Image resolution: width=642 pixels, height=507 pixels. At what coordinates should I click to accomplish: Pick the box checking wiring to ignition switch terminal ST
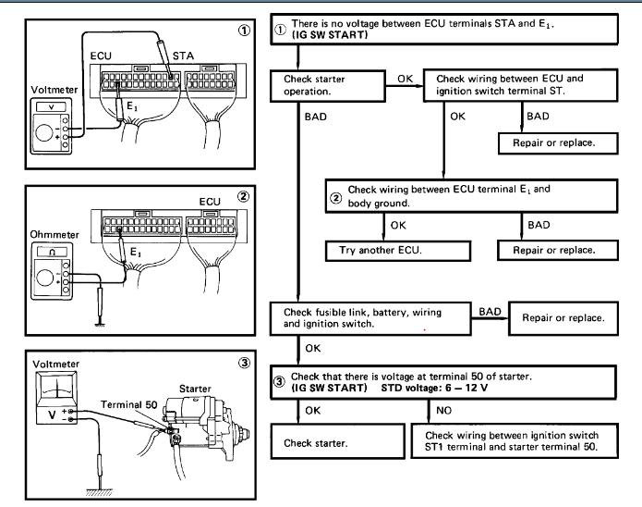(520, 86)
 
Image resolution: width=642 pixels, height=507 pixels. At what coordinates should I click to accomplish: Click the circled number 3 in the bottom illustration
(244, 363)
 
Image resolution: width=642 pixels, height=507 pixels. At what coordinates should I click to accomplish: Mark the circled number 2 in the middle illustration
(244, 195)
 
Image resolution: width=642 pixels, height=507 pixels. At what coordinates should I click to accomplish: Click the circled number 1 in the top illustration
(244, 29)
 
